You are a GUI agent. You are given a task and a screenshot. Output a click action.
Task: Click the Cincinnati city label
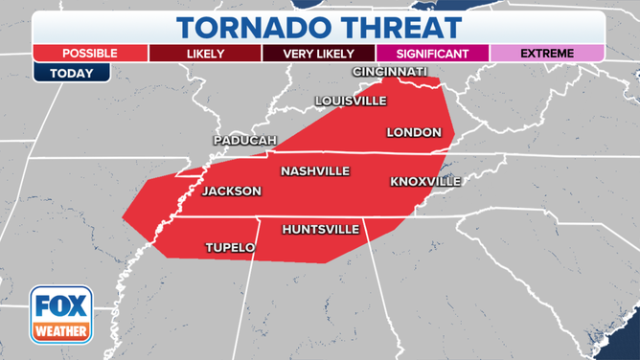click(x=391, y=73)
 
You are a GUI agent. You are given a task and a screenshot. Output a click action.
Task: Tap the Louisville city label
click(x=352, y=101)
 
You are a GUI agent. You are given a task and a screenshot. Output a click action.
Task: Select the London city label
click(x=414, y=132)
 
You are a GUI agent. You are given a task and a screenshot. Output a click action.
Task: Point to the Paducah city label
click(x=244, y=141)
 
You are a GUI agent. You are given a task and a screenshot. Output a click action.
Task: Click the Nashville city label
click(x=315, y=171)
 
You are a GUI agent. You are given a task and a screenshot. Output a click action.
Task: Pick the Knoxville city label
click(x=425, y=182)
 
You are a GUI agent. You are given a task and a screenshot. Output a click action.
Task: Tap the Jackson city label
click(x=232, y=191)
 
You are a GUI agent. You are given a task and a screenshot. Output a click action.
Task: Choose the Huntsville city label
click(x=321, y=230)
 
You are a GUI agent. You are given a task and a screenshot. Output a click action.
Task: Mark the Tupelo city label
click(x=230, y=248)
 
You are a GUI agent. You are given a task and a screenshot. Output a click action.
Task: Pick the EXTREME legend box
click(x=548, y=54)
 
